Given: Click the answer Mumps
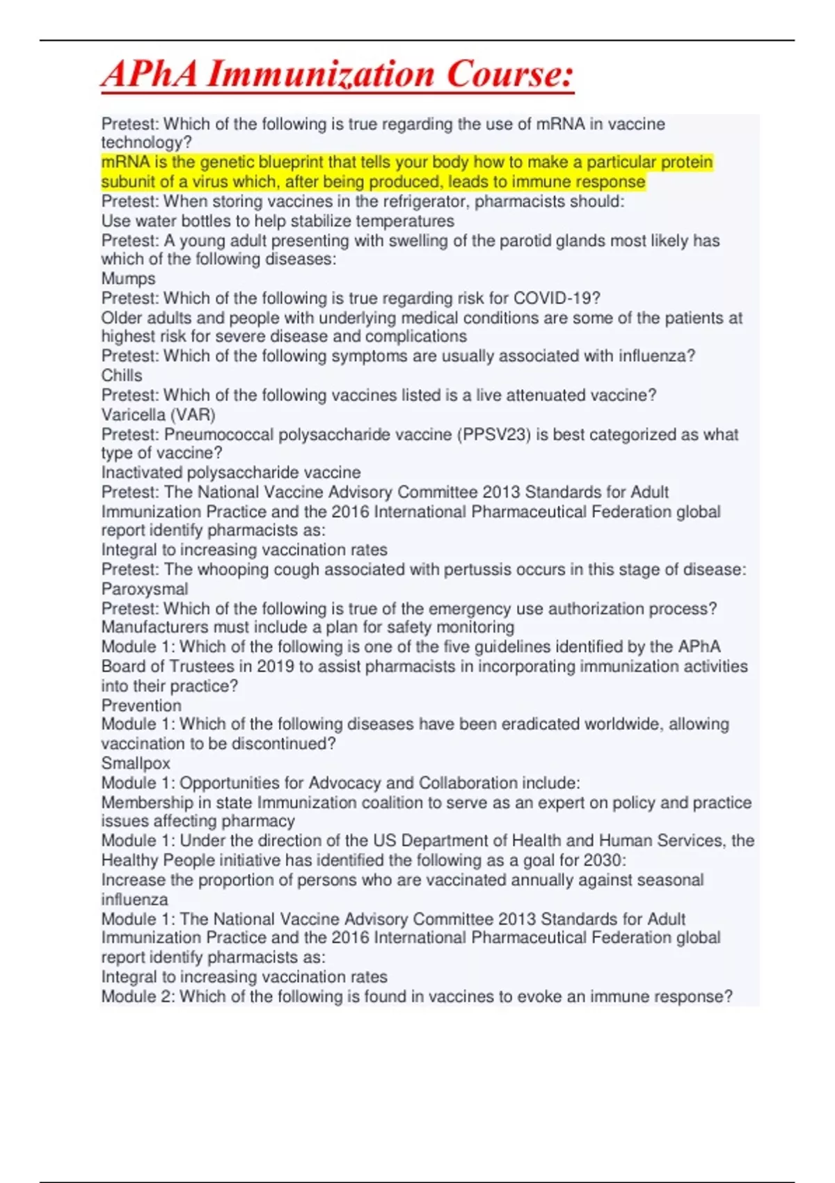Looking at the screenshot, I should coord(129,278).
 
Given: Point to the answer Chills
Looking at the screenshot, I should coord(122,375).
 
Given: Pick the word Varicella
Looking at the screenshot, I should coord(134,415).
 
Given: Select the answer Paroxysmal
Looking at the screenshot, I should coord(145,589).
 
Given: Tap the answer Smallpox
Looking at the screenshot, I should coord(136,763).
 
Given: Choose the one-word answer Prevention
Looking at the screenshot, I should coord(141,705).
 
